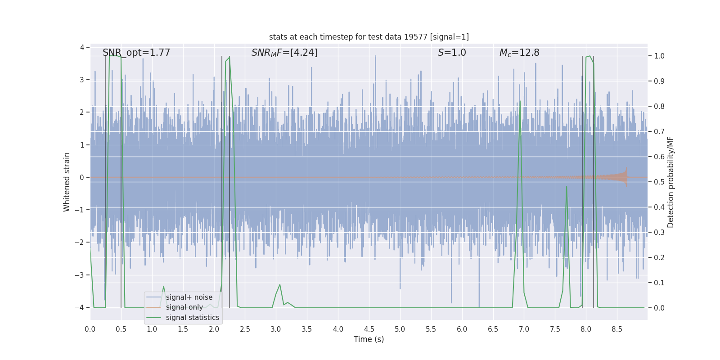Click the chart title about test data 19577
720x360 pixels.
[x=369, y=37]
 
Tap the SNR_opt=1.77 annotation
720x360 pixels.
[x=136, y=53]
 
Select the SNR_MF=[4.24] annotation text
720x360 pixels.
[x=284, y=53]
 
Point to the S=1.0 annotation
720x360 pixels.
[x=452, y=53]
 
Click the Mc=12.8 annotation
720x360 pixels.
[x=519, y=53]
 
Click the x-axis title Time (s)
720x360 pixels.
[x=369, y=339]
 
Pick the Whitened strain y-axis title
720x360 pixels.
[x=67, y=182]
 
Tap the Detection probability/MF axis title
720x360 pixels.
[x=670, y=182]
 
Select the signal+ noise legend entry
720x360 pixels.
[x=189, y=297]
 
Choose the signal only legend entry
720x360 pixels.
[x=184, y=307]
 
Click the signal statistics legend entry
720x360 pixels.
[x=192, y=318]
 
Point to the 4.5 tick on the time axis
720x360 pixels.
[x=369, y=329]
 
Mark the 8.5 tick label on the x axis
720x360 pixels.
[x=617, y=329]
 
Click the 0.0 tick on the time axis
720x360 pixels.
[x=90, y=329]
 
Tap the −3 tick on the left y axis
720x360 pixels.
[x=81, y=275]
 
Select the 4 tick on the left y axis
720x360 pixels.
[x=82, y=47]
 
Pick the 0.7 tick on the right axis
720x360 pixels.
[x=659, y=131]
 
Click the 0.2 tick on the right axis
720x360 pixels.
[x=659, y=257]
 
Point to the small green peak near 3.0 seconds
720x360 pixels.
[x=280, y=285]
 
